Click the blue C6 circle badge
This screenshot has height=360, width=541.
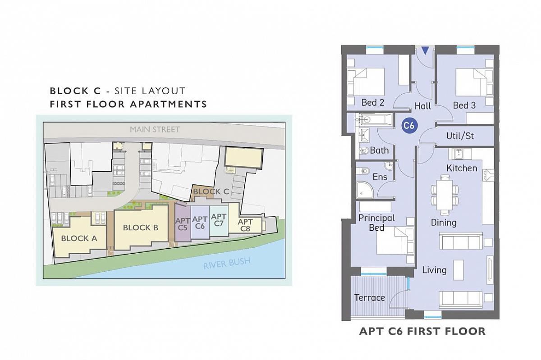pyautogui.click(x=409, y=125)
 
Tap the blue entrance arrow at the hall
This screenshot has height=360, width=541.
pyautogui.click(x=425, y=51)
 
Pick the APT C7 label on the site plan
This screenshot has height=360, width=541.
pyautogui.click(x=219, y=220)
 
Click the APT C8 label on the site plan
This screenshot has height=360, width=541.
pyautogui.click(x=245, y=225)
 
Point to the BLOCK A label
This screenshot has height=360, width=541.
pyautogui.click(x=79, y=238)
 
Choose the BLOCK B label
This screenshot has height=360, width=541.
pyautogui.click(x=141, y=228)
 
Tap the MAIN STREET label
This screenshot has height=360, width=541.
pyautogui.click(x=155, y=130)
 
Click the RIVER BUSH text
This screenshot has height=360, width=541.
pyautogui.click(x=226, y=264)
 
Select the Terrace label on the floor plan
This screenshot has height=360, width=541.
pyautogui.click(x=370, y=298)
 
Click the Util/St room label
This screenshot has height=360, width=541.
pyautogui.click(x=460, y=136)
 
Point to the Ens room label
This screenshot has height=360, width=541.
pyautogui.click(x=380, y=177)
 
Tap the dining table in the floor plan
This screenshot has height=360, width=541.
pyautogui.click(x=444, y=195)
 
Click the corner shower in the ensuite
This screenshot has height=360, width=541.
pyautogui.click(x=365, y=190)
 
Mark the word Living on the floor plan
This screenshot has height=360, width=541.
pyautogui.click(x=434, y=270)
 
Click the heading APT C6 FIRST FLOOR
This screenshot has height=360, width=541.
pyautogui.click(x=422, y=331)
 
